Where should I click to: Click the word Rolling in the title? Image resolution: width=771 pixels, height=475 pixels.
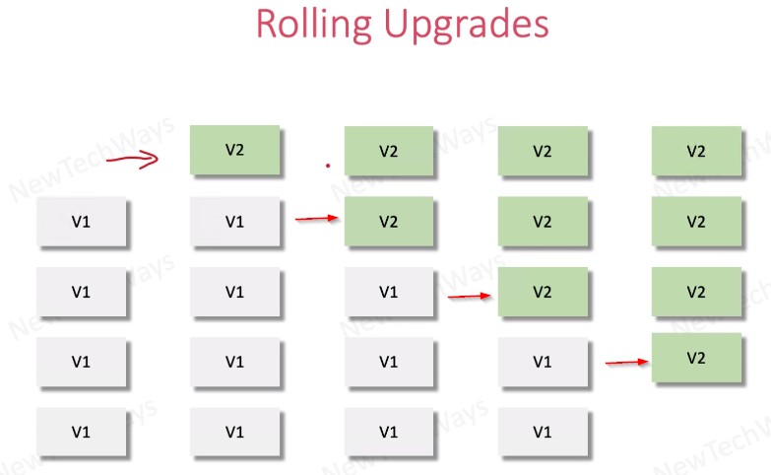pos(313,23)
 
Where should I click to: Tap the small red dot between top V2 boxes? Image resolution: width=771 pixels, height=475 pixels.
pos(328,167)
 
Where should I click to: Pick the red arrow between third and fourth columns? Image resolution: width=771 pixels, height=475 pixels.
pos(470,295)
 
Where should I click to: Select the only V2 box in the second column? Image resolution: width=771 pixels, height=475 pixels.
pos(234,151)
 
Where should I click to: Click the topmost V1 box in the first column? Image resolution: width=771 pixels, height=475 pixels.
pos(82,222)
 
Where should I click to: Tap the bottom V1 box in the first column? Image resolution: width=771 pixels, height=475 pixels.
pos(82,432)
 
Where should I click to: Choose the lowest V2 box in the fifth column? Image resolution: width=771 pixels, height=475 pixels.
pos(696,358)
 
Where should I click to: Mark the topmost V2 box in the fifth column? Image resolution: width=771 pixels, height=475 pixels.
pos(696,152)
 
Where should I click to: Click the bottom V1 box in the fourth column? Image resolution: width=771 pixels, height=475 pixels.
pos(543,432)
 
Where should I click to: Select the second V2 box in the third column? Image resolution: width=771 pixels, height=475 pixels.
pos(389,222)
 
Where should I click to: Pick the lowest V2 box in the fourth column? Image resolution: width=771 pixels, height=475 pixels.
pos(543,292)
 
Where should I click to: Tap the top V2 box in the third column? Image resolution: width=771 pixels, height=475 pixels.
pos(389,152)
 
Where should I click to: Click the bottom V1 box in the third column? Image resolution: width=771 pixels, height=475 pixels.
pos(389,432)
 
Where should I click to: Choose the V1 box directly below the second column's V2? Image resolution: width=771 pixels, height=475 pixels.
pos(234,222)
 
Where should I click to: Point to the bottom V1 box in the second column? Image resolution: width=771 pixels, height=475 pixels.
pos(234,432)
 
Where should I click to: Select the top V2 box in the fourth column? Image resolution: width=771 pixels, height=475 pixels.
pos(543,152)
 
